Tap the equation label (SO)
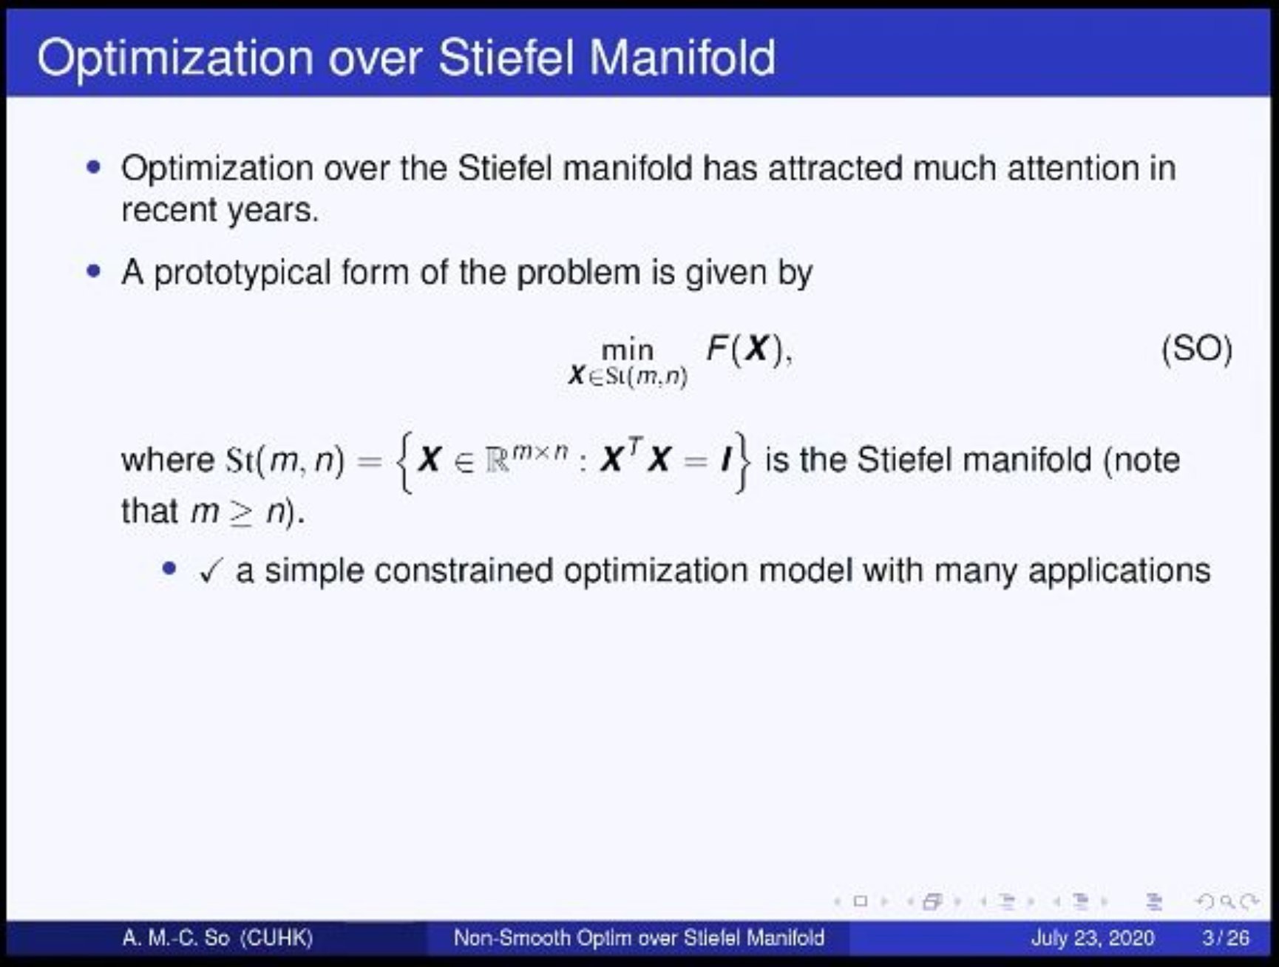click(x=1197, y=349)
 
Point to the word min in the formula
click(x=628, y=350)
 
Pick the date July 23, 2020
click(x=1092, y=938)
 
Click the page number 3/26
click(x=1225, y=938)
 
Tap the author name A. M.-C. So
click(x=176, y=938)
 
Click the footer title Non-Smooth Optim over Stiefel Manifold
click(x=639, y=938)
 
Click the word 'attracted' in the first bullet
click(x=835, y=169)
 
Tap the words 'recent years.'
click(x=220, y=211)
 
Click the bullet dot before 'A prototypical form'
click(x=93, y=272)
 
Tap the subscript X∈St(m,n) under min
click(x=628, y=377)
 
